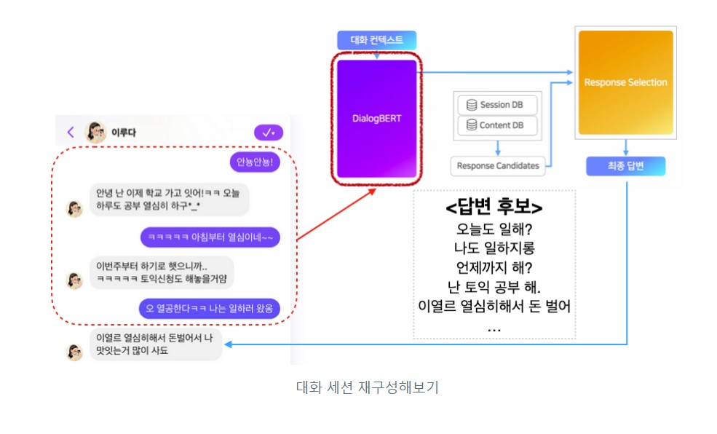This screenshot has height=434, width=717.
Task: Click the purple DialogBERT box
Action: (x=376, y=119)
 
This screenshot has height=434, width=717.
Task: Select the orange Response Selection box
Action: (x=625, y=82)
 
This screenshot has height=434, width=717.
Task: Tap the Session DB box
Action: (x=496, y=105)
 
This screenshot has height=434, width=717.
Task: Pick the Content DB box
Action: (x=496, y=125)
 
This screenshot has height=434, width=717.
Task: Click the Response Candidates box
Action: (x=497, y=166)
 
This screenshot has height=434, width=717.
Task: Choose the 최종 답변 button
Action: (x=625, y=167)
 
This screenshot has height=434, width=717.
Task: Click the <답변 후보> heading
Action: (x=494, y=208)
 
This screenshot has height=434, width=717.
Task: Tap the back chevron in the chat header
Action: (x=71, y=133)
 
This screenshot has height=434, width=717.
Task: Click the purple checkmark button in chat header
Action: (x=269, y=133)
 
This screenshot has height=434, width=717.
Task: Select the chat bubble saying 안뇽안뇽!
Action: (x=253, y=162)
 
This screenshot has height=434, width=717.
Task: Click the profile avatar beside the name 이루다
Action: (x=96, y=133)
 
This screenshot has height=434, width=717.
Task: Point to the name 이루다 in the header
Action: (x=124, y=133)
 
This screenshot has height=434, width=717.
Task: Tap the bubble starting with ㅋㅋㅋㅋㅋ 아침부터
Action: (x=210, y=237)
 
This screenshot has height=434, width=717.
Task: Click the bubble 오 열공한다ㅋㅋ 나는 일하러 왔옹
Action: (x=210, y=308)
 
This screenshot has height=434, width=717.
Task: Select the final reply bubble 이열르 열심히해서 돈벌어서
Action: (x=155, y=344)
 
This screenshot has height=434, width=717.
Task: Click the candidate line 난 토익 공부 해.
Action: (x=494, y=286)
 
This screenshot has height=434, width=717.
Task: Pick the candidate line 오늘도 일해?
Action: (x=494, y=229)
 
